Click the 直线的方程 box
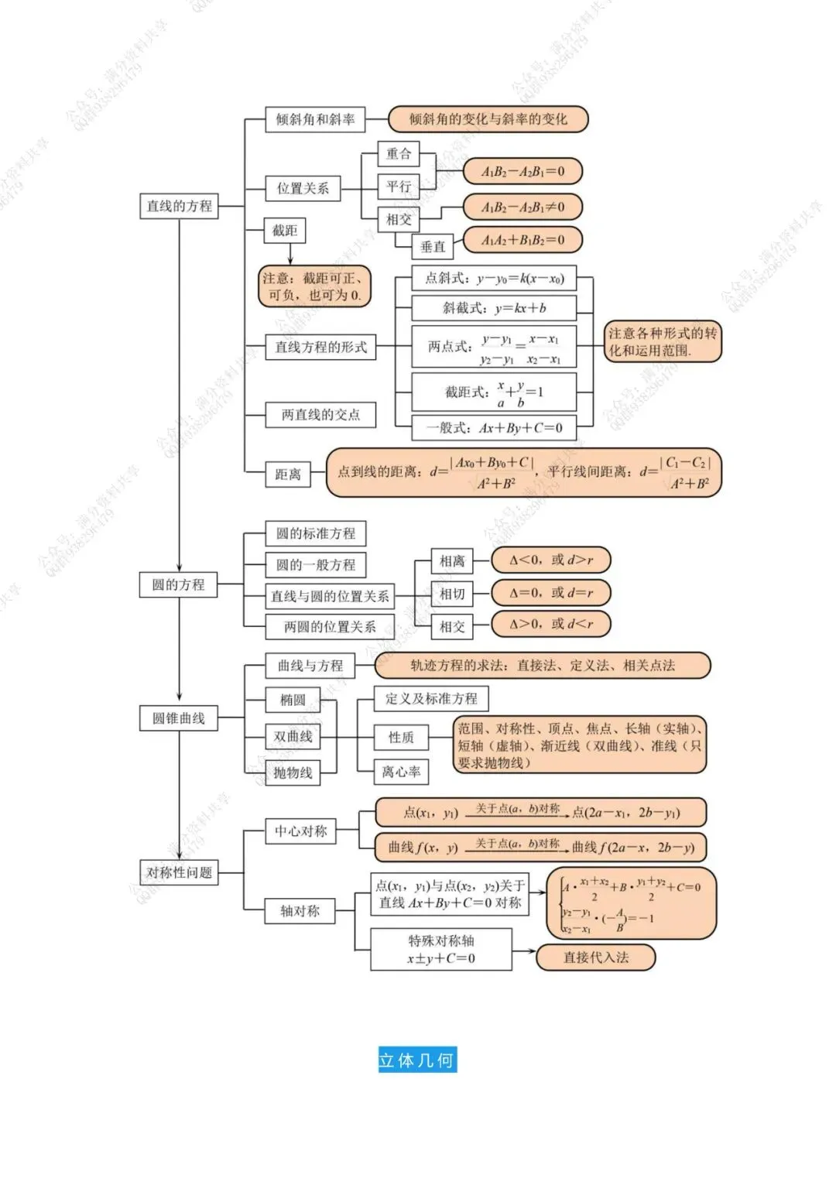coord(179,206)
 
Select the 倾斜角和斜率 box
coord(315,119)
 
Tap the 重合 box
coord(399,153)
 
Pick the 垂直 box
coord(433,247)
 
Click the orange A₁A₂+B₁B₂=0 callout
coord(522,240)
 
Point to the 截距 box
coord(285,231)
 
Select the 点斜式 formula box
coord(494,278)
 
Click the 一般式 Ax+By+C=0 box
coord(494,427)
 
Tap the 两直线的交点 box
coord(320,415)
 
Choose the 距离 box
coord(287,474)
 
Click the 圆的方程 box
coord(179,584)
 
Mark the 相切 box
coord(452,594)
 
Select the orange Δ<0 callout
coord(551,560)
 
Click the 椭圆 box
coord(293,700)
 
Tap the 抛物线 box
coord(293,772)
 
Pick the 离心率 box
coord(401,772)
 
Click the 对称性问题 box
coord(180,872)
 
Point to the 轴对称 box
coord(300,911)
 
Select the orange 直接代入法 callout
coord(595,958)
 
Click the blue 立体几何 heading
coord(417,1060)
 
